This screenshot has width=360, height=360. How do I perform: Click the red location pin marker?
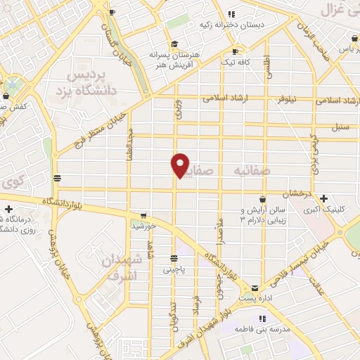pyautogui.click(x=180, y=165)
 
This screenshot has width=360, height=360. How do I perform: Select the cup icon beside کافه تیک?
pyautogui.click(x=236, y=51)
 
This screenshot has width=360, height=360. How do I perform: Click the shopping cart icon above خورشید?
pyautogui.click(x=143, y=215)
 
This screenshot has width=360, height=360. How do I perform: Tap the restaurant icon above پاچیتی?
pyautogui.click(x=174, y=258)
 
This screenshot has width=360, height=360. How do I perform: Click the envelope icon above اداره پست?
pyautogui.click(x=254, y=288)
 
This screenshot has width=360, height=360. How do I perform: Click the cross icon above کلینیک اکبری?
pyautogui.click(x=323, y=198)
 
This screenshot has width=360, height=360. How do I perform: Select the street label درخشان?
pyautogui.click(x=296, y=193)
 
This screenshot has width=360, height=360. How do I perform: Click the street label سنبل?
pyautogui.click(x=340, y=127)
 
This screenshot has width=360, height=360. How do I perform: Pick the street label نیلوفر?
pyautogui.click(x=285, y=99)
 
